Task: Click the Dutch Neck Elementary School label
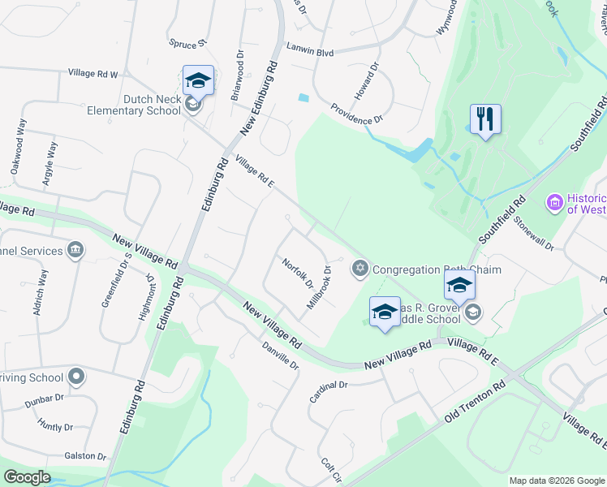point(152,105)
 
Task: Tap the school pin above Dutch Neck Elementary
point(198,80)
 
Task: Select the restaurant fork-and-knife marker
point(485,119)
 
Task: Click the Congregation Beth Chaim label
point(437,269)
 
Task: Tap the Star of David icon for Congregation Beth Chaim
point(359,268)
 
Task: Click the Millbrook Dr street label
point(320,287)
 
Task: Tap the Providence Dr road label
point(356,114)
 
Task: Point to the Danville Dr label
point(281,355)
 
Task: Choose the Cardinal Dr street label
point(329,392)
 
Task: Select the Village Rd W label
point(93,74)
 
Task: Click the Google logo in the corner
point(28,477)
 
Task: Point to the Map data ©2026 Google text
point(556,481)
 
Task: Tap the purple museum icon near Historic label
point(556,201)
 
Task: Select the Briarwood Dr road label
point(237,76)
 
